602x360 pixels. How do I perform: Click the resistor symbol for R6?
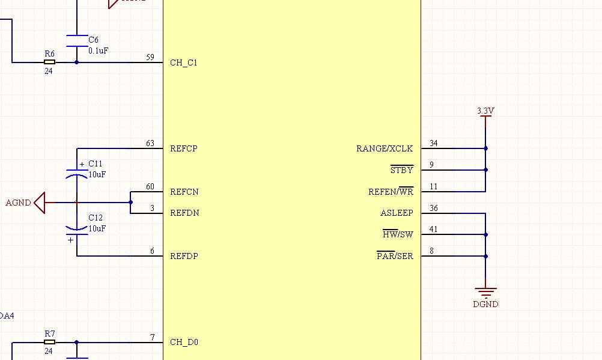(x=49, y=62)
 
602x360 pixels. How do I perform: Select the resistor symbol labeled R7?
(x=49, y=342)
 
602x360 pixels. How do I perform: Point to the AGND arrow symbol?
(x=40, y=203)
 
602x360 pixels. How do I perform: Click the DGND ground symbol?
(x=485, y=293)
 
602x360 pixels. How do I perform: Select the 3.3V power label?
(x=485, y=111)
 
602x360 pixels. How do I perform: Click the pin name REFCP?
(x=184, y=148)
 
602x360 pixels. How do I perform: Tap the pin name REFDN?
(x=184, y=213)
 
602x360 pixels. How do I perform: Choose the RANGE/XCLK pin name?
(x=385, y=148)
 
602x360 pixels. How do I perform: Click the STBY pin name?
(x=402, y=170)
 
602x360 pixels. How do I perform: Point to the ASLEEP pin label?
(x=397, y=213)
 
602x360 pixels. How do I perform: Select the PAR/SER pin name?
(x=395, y=256)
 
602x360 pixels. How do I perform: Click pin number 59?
(x=150, y=57)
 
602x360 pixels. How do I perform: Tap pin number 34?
(x=434, y=143)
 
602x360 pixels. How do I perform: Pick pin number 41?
(x=433, y=230)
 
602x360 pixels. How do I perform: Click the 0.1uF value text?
(x=99, y=50)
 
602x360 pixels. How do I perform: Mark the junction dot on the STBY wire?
(x=485, y=170)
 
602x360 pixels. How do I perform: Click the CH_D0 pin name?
(x=184, y=343)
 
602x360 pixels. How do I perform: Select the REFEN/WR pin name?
(x=391, y=191)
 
